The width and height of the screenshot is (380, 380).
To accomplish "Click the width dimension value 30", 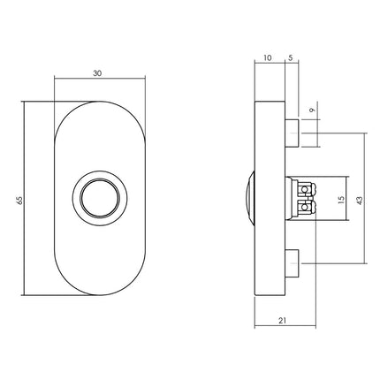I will (x=95, y=74).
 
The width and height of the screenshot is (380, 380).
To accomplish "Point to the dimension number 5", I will (x=290, y=59).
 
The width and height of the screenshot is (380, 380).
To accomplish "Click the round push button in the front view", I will (x=95, y=199).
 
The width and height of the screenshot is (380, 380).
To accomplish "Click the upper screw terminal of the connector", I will (x=306, y=190).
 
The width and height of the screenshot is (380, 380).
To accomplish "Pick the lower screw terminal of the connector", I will (x=306, y=209).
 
